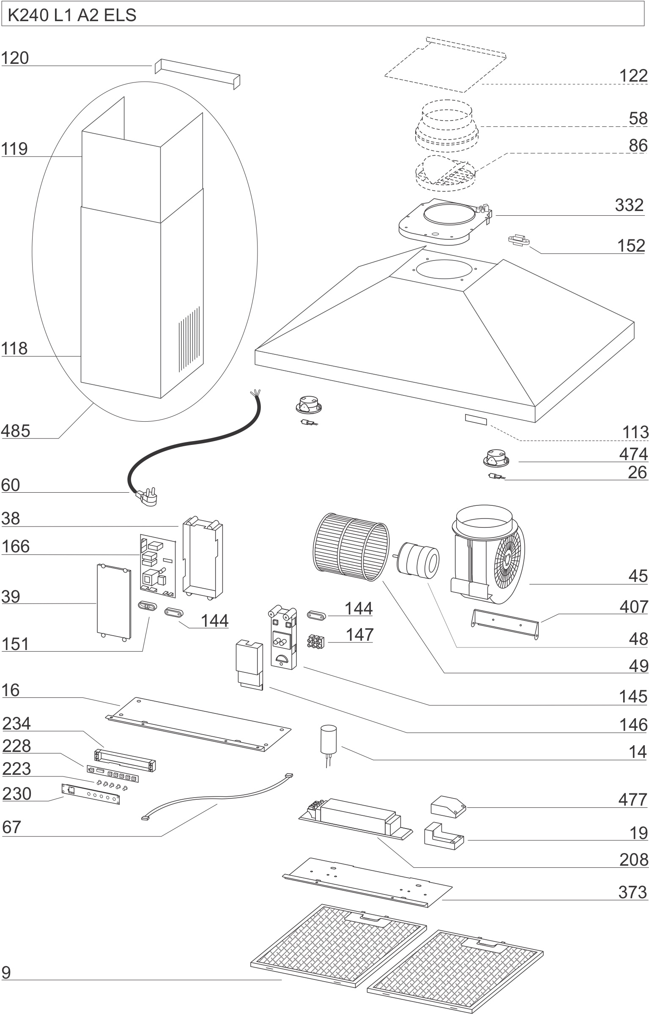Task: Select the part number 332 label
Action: pos(629,205)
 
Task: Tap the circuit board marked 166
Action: pos(157,565)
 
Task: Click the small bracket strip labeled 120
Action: pos(197,73)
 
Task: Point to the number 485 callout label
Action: pos(16,431)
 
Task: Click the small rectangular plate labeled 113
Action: pos(476,420)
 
